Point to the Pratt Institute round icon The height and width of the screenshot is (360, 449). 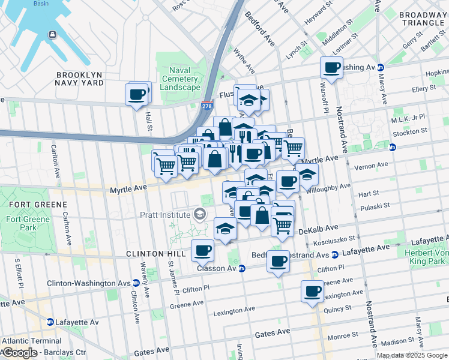(199, 214)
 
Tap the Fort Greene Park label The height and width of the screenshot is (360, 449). (22, 223)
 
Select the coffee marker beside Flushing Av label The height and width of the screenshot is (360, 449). (331, 68)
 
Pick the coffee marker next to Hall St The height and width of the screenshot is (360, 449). (137, 94)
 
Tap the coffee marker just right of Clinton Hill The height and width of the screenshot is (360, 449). (202, 250)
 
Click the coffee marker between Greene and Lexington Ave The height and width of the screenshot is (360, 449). (312, 292)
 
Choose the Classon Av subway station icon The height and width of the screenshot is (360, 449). (241, 268)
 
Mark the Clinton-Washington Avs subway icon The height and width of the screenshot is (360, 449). (136, 283)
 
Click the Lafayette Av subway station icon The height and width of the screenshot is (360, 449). (50, 322)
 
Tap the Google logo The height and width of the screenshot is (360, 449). (19, 353)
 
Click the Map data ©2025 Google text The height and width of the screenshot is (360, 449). (412, 355)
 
